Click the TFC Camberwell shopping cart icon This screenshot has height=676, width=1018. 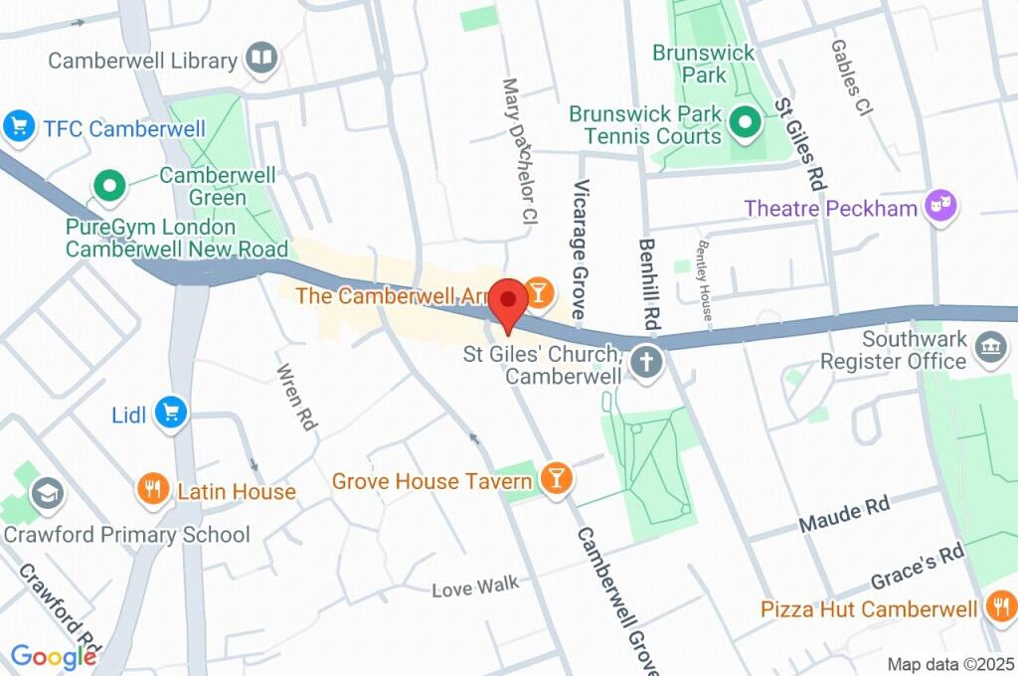[x=18, y=126]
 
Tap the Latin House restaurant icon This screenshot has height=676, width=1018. [x=152, y=490]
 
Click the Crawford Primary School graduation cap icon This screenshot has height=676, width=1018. [x=47, y=492]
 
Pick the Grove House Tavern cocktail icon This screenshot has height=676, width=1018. [x=556, y=480]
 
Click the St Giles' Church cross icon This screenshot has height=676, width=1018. [x=646, y=364]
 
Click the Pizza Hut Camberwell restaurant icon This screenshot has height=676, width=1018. [x=1001, y=606]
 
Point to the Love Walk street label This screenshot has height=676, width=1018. [x=475, y=587]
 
